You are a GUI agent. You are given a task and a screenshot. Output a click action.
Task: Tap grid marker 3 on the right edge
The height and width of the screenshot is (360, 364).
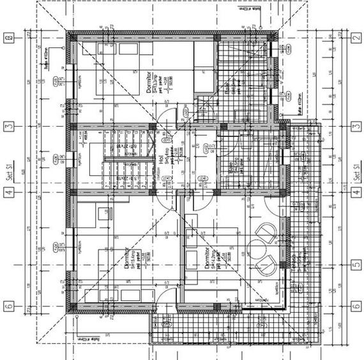(354, 127)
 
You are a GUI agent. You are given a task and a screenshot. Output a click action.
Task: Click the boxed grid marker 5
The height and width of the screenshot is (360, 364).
(354, 263)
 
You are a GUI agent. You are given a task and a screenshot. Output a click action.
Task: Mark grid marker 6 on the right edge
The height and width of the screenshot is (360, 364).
(354, 306)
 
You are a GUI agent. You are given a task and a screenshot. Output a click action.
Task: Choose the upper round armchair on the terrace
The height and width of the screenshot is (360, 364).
(264, 229)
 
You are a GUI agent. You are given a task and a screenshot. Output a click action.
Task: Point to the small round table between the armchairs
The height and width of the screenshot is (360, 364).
(259, 246)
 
